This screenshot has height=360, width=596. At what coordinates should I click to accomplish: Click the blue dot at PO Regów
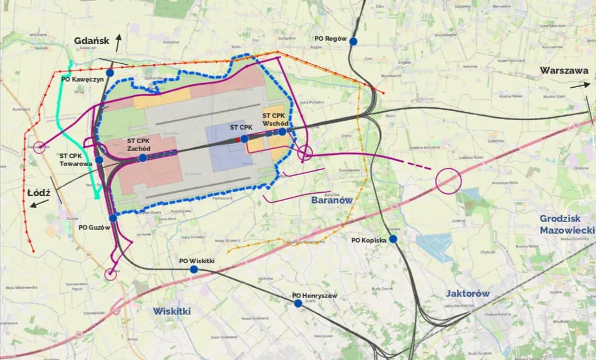[353, 41]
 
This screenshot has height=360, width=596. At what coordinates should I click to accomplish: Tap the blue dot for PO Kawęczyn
[110, 73]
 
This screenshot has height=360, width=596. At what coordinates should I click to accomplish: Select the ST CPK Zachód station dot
[143, 158]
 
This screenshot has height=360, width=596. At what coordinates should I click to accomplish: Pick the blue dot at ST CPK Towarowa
[99, 160]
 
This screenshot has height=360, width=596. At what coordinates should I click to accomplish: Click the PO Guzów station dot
[113, 218]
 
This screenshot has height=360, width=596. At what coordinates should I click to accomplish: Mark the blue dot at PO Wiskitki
[193, 269]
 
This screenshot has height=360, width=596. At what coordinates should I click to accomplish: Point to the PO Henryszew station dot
[298, 303]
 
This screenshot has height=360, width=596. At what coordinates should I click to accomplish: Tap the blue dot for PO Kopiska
[393, 239]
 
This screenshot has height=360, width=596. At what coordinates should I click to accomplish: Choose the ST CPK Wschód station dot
[282, 131]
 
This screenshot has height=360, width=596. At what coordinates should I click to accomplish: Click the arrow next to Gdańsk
[118, 41]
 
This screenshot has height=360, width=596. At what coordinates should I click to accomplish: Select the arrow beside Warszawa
[580, 85]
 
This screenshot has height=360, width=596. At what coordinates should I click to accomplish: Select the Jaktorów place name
[467, 293]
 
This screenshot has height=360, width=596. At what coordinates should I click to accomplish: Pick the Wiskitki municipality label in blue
[172, 311]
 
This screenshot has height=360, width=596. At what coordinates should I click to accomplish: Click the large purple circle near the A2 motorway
[448, 181]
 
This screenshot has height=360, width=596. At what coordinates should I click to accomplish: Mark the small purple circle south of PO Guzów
[111, 273]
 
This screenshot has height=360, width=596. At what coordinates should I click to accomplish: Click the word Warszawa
[564, 71]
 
